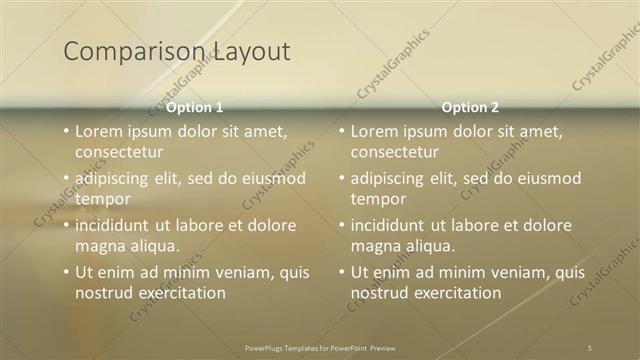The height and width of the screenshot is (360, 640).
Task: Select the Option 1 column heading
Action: (x=194, y=107)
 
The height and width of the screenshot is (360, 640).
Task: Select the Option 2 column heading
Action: (x=470, y=107)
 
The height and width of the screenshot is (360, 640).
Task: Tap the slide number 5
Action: (x=589, y=347)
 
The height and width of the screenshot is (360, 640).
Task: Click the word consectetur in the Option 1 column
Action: (x=118, y=152)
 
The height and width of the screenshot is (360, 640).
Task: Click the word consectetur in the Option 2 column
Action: (x=394, y=152)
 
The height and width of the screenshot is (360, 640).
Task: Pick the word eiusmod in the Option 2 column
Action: (x=548, y=178)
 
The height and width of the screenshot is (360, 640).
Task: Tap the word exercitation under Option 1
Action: (x=175, y=293)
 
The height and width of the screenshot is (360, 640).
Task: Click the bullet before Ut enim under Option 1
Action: (x=65, y=272)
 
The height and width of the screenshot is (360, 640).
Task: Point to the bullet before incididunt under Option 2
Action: (x=341, y=225)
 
